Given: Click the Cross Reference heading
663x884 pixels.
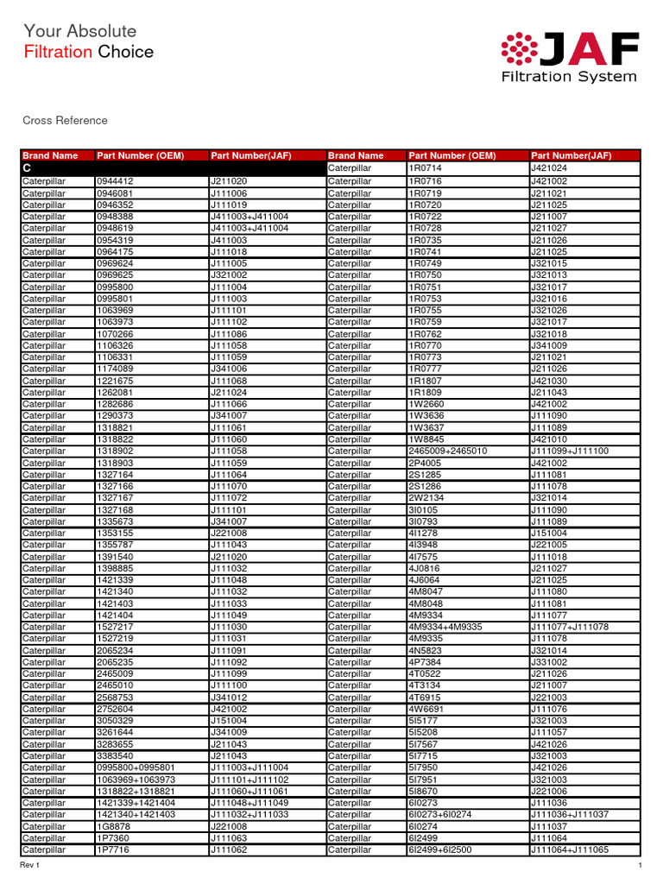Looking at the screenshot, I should pos(65,121).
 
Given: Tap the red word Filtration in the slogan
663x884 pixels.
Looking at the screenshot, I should pos(57,52).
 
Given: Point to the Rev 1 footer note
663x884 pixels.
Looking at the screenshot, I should pos(31,865).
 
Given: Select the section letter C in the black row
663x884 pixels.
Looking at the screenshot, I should pos(27,169).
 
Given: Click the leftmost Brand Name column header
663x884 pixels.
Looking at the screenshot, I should pos(50,156).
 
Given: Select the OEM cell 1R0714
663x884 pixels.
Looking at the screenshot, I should pos(425,169).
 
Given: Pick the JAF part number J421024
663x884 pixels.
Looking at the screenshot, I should pos(548,169).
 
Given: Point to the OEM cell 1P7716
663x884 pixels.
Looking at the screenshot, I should pos(113,849).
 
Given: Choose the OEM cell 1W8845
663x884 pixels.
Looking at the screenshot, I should pos(426,439).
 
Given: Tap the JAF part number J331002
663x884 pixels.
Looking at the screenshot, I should pos(548,662).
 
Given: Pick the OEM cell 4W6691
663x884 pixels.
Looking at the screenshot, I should pos(426,709).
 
